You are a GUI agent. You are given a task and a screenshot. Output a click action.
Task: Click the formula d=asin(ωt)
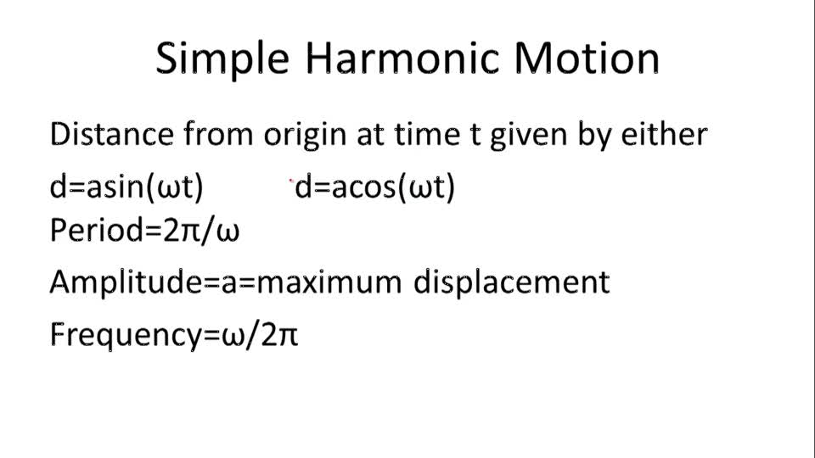coord(126,187)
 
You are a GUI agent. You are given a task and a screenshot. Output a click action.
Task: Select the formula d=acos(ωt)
coord(375,187)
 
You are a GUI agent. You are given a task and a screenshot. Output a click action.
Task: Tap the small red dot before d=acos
coord(291,181)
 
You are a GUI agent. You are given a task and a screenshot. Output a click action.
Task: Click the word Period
coord(90,230)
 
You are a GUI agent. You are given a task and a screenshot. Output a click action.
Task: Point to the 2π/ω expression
coord(202,230)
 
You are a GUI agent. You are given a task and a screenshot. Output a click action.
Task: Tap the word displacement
coord(511,282)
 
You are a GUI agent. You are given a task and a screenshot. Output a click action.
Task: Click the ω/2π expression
coord(260,335)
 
